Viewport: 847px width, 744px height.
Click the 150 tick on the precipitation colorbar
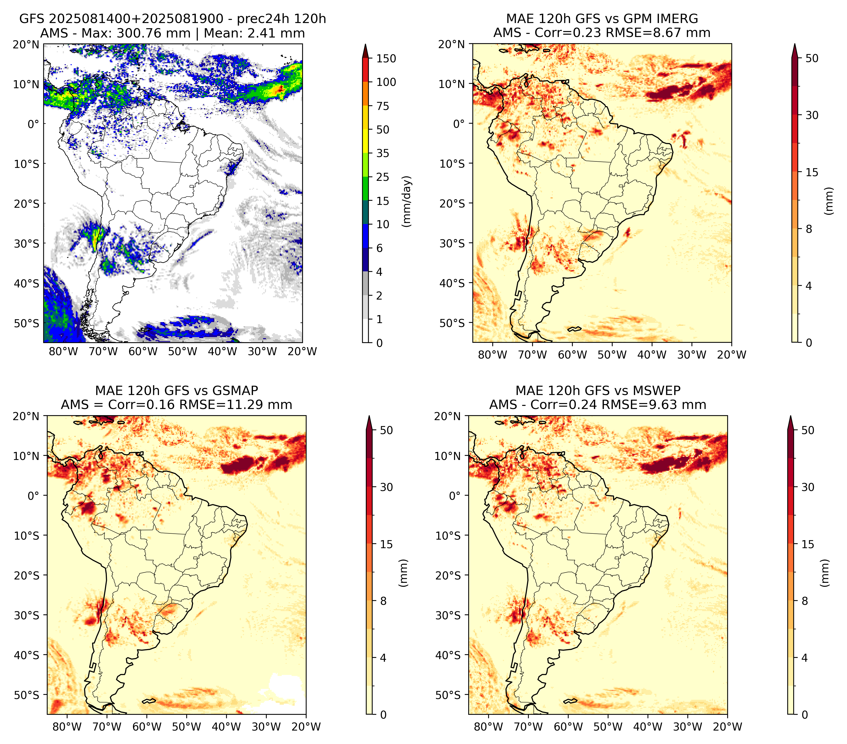tap(386, 58)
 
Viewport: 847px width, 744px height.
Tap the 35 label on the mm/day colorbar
tap(383, 153)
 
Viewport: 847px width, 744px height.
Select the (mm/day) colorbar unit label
tap(407, 201)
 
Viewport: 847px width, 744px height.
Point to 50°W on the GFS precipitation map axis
tap(183, 351)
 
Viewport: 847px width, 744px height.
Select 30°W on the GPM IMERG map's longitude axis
tap(692, 355)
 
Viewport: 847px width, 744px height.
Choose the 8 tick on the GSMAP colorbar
tap(383, 601)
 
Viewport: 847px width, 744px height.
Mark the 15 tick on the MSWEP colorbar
tap(808, 544)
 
